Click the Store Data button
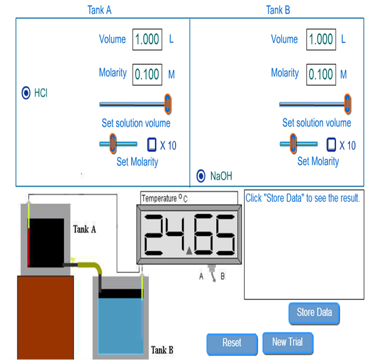click(x=314, y=313)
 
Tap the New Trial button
click(x=287, y=343)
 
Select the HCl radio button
click(x=26, y=93)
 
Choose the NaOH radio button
click(x=201, y=176)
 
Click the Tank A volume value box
click(x=147, y=39)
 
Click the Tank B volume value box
click(x=321, y=39)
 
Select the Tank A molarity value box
click(x=147, y=74)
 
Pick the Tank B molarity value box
click(x=321, y=74)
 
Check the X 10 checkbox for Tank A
click(x=152, y=145)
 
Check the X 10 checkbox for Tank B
click(x=331, y=145)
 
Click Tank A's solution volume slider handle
click(x=168, y=104)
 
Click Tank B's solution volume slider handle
click(x=347, y=104)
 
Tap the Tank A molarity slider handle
click(x=113, y=144)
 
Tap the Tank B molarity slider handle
click(x=293, y=144)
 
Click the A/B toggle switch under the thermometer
click(x=212, y=274)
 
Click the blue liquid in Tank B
click(x=120, y=325)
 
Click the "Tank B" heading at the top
click(x=278, y=10)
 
